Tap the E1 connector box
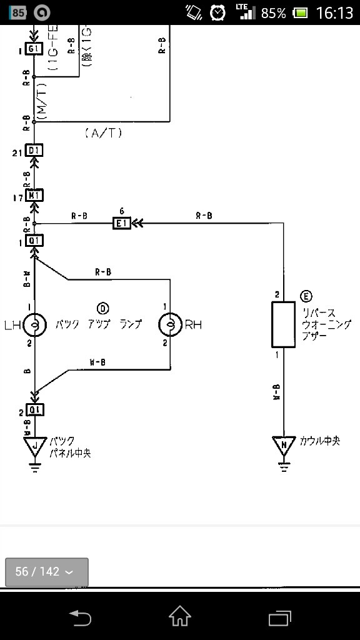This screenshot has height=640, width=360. click(x=121, y=223)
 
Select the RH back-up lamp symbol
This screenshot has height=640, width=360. click(x=170, y=324)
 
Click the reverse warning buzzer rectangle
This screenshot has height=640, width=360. click(x=283, y=324)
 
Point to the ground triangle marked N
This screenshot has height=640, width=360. click(x=284, y=446)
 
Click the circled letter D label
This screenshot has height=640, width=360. click(x=103, y=307)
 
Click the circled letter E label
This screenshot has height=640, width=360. click(x=306, y=296)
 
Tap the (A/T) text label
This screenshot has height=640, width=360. click(x=102, y=132)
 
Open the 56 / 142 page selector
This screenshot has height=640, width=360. click(x=47, y=572)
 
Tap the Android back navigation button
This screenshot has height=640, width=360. click(x=80, y=617)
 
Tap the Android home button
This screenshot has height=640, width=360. click(x=180, y=617)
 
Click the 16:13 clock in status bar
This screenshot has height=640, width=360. click(x=334, y=12)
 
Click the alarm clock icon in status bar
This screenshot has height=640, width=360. click(x=217, y=12)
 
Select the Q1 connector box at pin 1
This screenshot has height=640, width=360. click(x=34, y=241)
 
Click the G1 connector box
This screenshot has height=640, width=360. click(x=34, y=49)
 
